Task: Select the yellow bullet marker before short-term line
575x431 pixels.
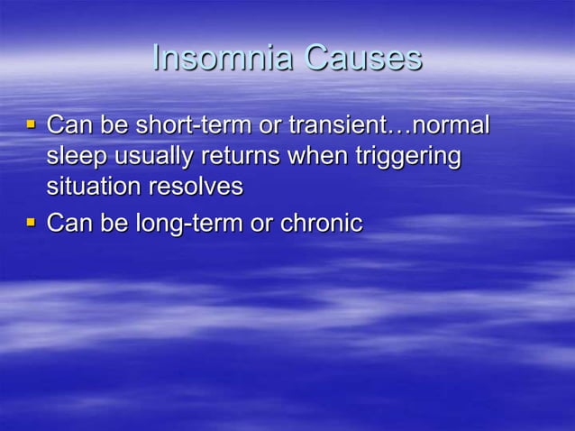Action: (x=32, y=124)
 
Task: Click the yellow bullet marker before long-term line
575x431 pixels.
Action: (x=32, y=220)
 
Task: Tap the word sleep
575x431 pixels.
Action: (x=76, y=157)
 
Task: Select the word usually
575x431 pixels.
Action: (x=151, y=157)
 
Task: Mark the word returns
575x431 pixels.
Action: (x=239, y=156)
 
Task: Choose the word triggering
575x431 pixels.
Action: (x=403, y=157)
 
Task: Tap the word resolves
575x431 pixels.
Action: (x=198, y=188)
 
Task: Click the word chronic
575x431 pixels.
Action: (x=319, y=223)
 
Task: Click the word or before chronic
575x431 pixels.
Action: (x=260, y=223)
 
